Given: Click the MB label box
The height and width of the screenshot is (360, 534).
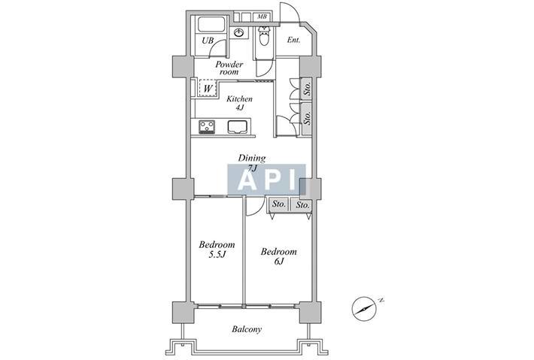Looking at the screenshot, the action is click(262, 17).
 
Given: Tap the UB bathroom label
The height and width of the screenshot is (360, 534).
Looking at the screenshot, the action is click(208, 41).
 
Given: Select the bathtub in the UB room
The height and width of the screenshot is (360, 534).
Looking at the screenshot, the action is click(211, 25).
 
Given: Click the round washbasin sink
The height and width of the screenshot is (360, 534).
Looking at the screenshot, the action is click(239, 33).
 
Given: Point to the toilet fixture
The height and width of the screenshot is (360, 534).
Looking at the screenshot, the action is click(264, 36).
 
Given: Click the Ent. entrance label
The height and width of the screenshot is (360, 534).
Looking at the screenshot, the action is click(293, 40).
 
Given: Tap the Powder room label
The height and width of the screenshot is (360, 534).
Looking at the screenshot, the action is click(229, 68).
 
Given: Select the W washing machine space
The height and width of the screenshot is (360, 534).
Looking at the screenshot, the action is click(208, 89).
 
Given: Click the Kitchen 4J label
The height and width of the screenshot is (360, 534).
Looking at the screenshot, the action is click(240, 103).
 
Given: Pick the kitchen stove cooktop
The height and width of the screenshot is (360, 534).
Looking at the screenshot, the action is click(207, 127).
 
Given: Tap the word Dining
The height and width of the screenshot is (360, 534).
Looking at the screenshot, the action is click(252, 159).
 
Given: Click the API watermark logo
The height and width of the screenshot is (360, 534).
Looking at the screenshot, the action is click(267, 180).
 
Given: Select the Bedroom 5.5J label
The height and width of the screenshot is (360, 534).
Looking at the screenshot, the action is click(217, 250).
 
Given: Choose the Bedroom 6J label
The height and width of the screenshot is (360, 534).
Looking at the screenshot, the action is click(278, 256).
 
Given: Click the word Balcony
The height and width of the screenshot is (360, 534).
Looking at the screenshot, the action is click(247, 329).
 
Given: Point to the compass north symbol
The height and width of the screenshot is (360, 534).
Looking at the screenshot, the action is click(365, 309).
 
